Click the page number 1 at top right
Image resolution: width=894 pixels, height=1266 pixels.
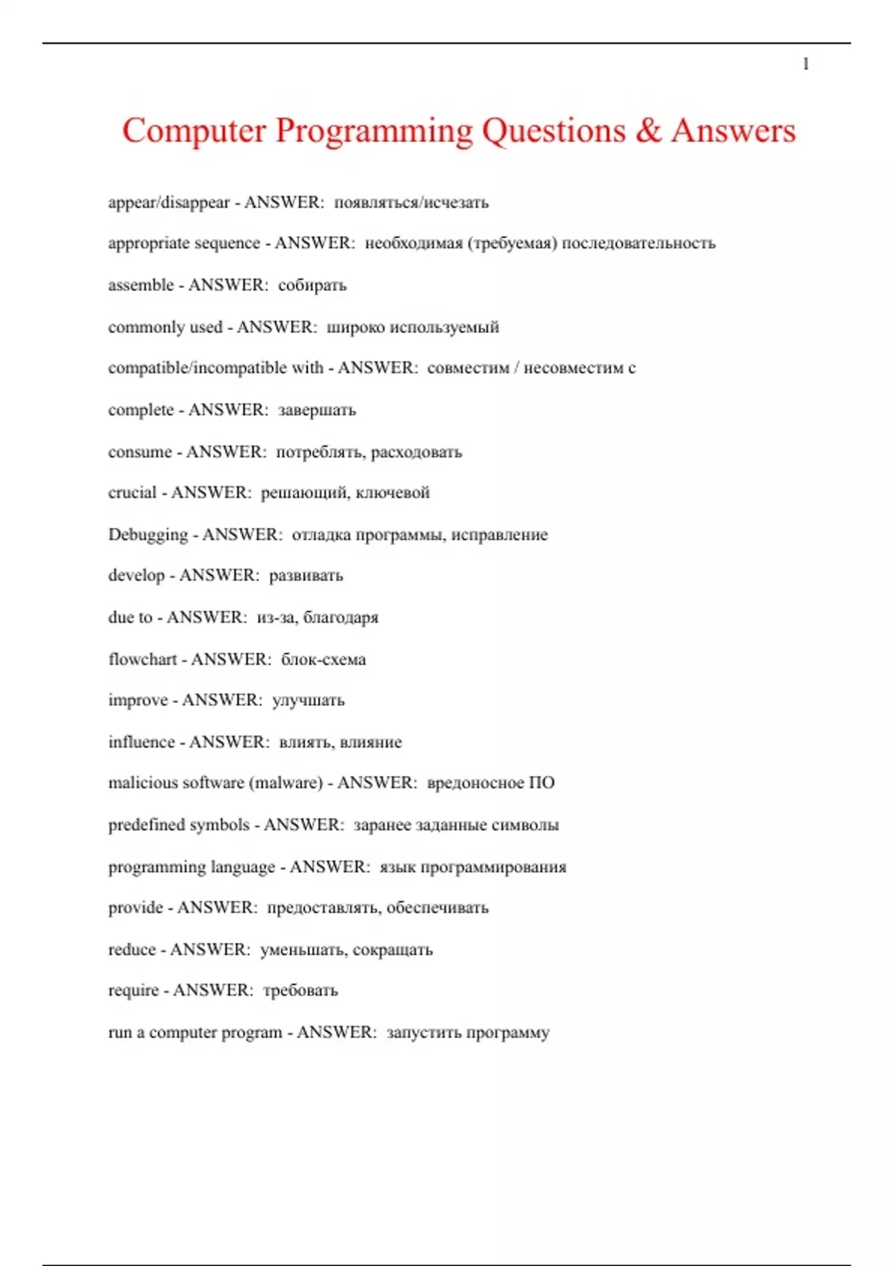click(805, 64)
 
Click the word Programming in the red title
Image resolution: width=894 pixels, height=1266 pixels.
click(374, 131)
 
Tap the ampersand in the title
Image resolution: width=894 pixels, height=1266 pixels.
click(648, 131)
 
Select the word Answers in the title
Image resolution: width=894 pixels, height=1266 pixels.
click(733, 131)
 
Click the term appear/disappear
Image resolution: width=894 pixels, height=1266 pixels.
click(169, 203)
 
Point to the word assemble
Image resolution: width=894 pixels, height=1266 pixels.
click(141, 285)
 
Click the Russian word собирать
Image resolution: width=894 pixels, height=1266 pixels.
click(312, 285)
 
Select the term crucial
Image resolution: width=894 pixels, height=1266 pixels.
click(132, 493)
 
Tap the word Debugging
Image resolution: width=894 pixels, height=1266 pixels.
click(148, 535)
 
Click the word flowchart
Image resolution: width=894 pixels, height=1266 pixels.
click(142, 659)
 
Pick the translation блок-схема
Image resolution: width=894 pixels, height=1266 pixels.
click(323, 659)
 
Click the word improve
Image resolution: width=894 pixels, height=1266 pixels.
click(138, 701)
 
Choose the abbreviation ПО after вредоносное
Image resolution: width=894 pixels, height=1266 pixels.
click(542, 783)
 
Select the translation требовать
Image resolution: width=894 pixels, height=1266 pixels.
click(300, 990)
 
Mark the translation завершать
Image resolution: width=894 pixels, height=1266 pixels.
click(317, 410)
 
